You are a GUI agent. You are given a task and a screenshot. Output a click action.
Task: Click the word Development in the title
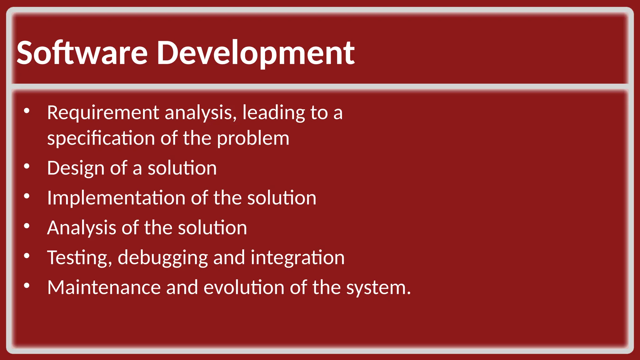tap(256, 53)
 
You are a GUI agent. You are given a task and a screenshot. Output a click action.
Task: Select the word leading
tap(273, 113)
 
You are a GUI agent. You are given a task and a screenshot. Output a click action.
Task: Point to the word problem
tap(253, 139)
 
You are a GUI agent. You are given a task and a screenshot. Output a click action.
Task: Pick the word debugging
tap(162, 258)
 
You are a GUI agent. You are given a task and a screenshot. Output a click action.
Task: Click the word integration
tap(297, 258)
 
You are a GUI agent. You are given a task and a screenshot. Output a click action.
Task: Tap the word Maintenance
tap(104, 287)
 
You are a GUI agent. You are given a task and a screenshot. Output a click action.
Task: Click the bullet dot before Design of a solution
tap(27, 167)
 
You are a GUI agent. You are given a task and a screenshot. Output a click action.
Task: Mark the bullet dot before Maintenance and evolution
tap(27, 286)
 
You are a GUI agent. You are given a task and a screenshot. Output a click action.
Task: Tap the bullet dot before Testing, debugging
tap(27, 256)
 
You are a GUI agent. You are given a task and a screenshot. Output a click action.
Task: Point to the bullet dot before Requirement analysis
tap(27, 111)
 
